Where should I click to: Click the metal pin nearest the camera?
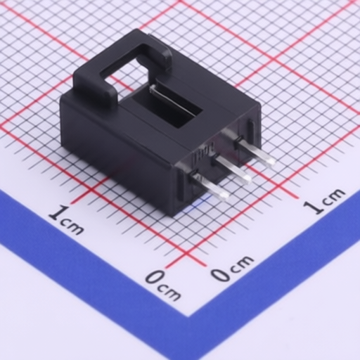click(211, 188)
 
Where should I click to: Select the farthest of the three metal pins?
click(255, 151)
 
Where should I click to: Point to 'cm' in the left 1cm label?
click(72, 226)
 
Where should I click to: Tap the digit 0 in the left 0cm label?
click(155, 278)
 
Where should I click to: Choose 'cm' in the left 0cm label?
click(169, 292)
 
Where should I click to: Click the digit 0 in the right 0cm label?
click(221, 274)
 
